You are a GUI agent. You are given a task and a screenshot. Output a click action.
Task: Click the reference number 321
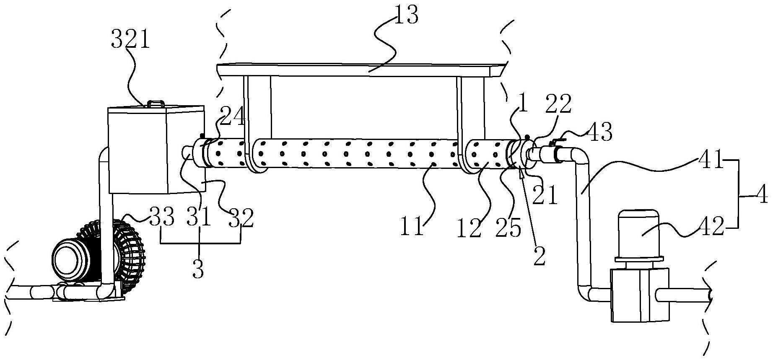[x=130, y=41]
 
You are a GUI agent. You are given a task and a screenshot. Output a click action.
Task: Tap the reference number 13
[x=406, y=16]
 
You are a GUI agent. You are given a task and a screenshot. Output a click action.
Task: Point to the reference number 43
[x=599, y=132]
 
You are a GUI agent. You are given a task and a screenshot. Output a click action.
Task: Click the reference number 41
[x=711, y=161]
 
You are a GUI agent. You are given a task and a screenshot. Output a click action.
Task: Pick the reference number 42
[x=711, y=227]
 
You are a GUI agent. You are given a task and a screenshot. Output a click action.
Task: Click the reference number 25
[x=509, y=228]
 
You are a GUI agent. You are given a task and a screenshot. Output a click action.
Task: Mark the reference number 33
[x=161, y=218]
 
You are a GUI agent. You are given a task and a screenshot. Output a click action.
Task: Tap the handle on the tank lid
[x=155, y=103]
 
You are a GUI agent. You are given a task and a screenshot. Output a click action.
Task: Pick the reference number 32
[x=241, y=218]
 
